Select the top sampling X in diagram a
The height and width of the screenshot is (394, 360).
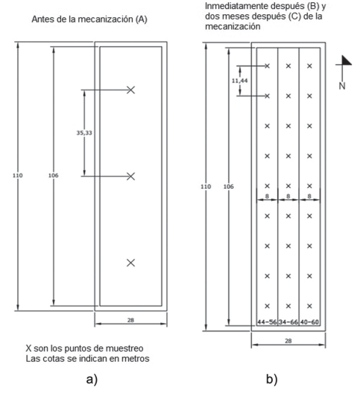130,90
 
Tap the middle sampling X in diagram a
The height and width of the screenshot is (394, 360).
130,176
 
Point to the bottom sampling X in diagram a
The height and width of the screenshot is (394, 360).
130,263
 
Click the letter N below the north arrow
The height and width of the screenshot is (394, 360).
343,86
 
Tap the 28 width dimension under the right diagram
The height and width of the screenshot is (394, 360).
288,340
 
